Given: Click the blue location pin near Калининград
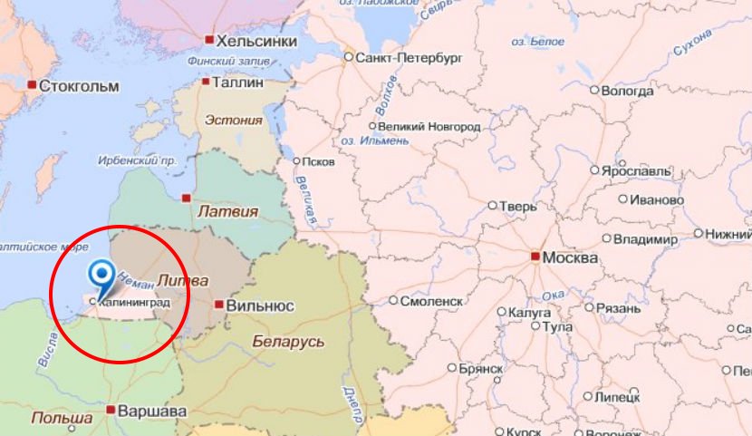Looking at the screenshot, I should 102,275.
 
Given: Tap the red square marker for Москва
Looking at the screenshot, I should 536,257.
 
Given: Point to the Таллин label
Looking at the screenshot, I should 238,82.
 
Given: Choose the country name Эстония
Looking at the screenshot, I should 234,120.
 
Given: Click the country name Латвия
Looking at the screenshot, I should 227,211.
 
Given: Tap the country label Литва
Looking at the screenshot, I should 183,279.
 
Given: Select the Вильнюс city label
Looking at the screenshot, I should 260,306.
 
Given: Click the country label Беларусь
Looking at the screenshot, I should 288,341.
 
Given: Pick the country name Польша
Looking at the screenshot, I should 63,418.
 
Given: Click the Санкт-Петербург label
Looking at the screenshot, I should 410,56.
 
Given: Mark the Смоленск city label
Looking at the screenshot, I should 432,301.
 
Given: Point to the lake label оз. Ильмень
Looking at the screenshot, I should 367,141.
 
